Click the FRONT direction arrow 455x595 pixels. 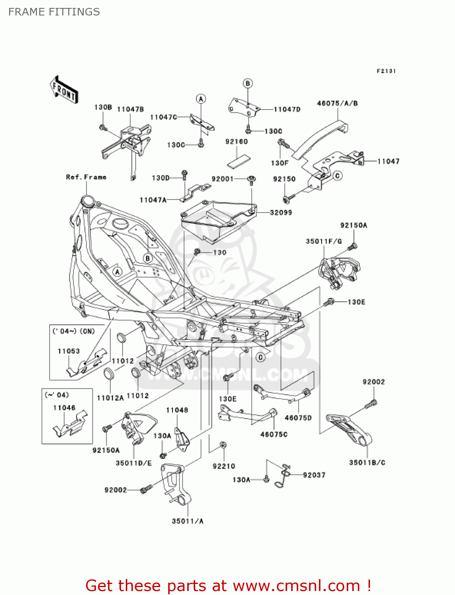point(64,90)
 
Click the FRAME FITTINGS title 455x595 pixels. point(54,12)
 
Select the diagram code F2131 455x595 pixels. point(386,71)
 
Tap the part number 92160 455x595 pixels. point(236,142)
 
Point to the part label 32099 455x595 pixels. point(281,213)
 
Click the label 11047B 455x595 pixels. point(130,109)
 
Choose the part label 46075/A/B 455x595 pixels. point(337,103)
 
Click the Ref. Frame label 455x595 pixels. point(86,177)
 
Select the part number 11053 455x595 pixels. point(69,351)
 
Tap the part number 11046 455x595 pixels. point(64,408)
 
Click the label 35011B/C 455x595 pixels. point(367,463)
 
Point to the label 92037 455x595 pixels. point(314,475)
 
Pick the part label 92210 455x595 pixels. point(224,466)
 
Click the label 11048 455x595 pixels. point(177,410)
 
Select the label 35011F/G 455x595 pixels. point(324,241)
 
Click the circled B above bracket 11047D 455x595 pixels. point(248,83)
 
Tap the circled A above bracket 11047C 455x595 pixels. point(201,99)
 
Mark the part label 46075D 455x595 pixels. point(298,418)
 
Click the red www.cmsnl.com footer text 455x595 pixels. point(228,585)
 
